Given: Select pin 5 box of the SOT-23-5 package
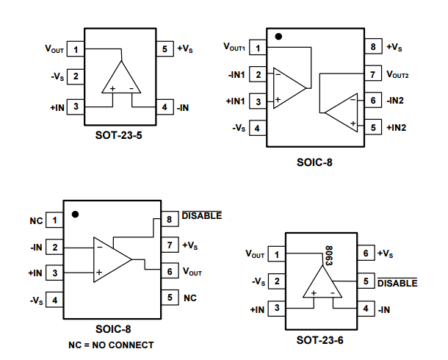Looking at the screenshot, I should click(x=164, y=49).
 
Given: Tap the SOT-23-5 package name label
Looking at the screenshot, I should click(x=120, y=135).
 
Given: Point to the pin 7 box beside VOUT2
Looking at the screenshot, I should click(x=373, y=74).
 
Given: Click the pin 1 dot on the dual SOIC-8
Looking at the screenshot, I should click(x=278, y=37).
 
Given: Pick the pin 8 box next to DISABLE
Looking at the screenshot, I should click(x=170, y=218).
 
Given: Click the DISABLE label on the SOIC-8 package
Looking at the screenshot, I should click(x=200, y=217).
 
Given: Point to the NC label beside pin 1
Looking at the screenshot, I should click(x=36, y=220).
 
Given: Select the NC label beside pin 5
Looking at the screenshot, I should click(x=189, y=298).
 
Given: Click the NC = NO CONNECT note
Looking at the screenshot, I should click(x=112, y=344).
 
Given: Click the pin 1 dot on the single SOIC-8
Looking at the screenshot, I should click(x=76, y=215).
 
